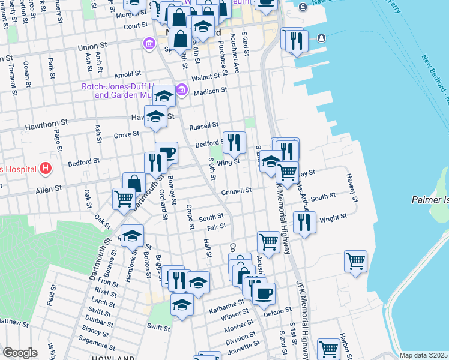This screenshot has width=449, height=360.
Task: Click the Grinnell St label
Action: (x=236, y=191)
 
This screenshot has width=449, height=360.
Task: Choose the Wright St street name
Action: (x=333, y=218)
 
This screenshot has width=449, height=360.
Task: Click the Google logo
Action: (x=20, y=353)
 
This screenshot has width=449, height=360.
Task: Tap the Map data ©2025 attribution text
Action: (x=424, y=355)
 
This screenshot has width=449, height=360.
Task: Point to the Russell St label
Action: (x=203, y=127)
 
